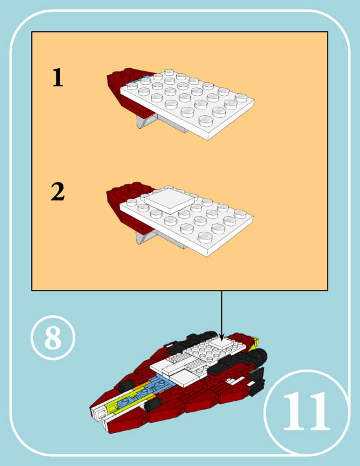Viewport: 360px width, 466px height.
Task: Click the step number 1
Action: (58, 78)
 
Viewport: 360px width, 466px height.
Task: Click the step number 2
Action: (58, 192)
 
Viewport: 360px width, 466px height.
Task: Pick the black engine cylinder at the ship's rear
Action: (261, 355)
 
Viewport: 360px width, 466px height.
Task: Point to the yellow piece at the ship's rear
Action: (256, 342)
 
